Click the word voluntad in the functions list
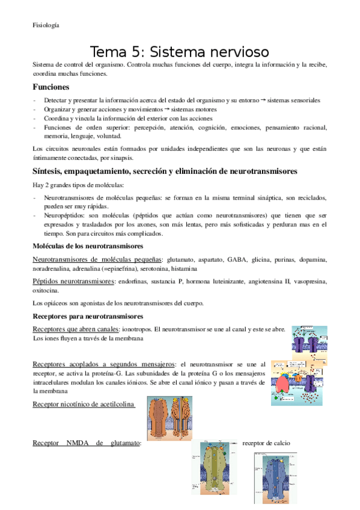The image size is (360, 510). (x=126, y=137)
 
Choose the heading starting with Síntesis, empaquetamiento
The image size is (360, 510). (x=165, y=171)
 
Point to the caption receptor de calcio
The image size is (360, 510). (x=266, y=443)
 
